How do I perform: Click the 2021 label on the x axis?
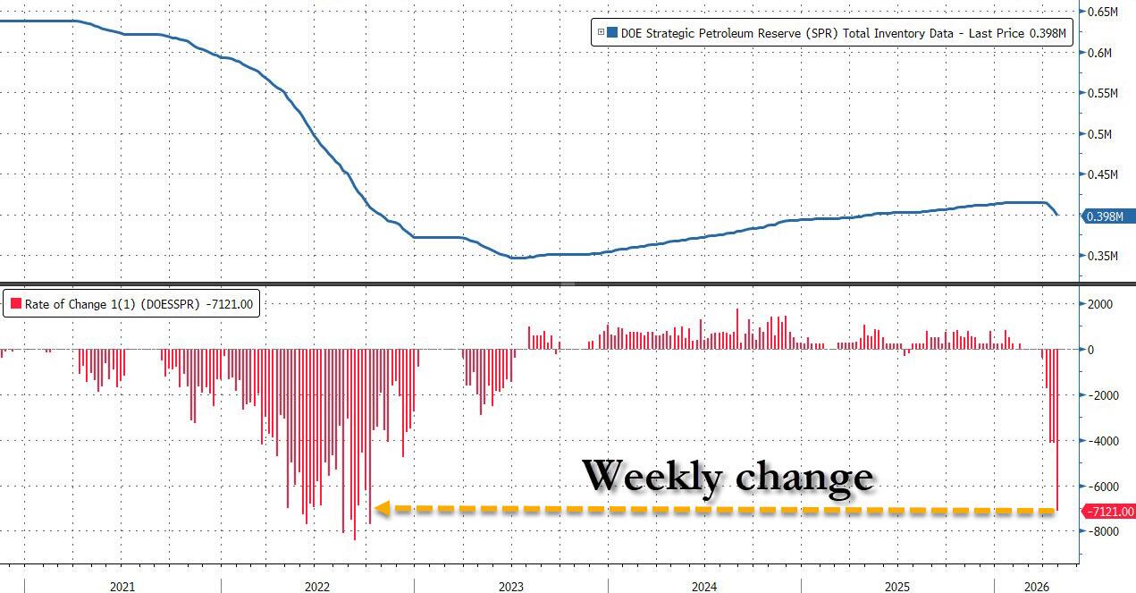(x=122, y=587)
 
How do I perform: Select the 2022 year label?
(x=317, y=587)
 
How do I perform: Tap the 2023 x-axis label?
(x=511, y=587)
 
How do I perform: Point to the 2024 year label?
(x=704, y=587)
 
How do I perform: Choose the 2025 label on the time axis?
(x=898, y=587)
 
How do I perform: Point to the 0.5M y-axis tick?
(x=1098, y=134)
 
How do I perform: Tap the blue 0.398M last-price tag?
(x=1108, y=216)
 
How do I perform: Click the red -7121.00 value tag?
(x=1108, y=512)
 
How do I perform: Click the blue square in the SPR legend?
(x=612, y=33)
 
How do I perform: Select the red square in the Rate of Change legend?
(x=15, y=304)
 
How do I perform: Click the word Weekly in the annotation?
(x=652, y=476)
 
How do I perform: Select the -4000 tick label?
(x=1100, y=441)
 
